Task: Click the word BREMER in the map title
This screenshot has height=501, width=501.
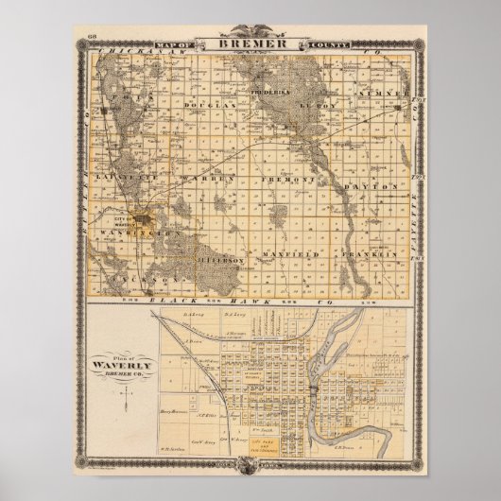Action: click(251, 43)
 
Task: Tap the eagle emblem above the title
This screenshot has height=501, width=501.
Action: click(251, 30)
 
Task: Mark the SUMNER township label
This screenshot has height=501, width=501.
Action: click(391, 96)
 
